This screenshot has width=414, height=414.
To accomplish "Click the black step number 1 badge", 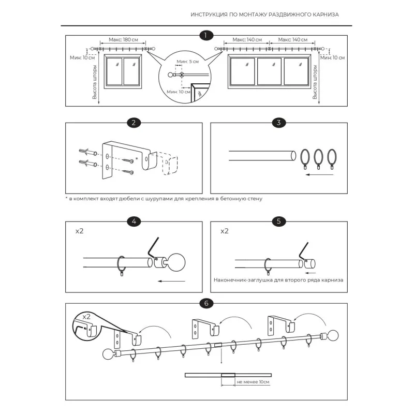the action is point(205,35).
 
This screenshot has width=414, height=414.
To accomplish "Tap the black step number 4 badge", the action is point(134,221).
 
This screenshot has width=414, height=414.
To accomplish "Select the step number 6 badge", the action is point(206,303).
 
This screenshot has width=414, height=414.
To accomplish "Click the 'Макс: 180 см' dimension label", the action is point(123,40).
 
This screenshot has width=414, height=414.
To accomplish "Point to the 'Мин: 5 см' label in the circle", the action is point(188,62).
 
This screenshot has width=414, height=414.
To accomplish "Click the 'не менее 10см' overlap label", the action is point(253,382).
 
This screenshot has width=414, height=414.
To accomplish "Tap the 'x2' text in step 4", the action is point(80,231).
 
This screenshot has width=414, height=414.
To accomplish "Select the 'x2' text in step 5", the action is point(225,231).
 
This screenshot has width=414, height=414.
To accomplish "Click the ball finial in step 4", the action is point(176,262).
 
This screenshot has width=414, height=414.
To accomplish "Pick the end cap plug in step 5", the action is point(309,263).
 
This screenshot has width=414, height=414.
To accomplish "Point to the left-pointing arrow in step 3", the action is point(319,174).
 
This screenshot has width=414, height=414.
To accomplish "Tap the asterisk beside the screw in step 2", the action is point(137,159).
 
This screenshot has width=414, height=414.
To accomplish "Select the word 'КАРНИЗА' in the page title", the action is point(326,15).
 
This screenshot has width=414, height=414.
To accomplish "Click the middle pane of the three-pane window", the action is point(269,71).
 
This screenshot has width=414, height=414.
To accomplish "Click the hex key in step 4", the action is point(153,248).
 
